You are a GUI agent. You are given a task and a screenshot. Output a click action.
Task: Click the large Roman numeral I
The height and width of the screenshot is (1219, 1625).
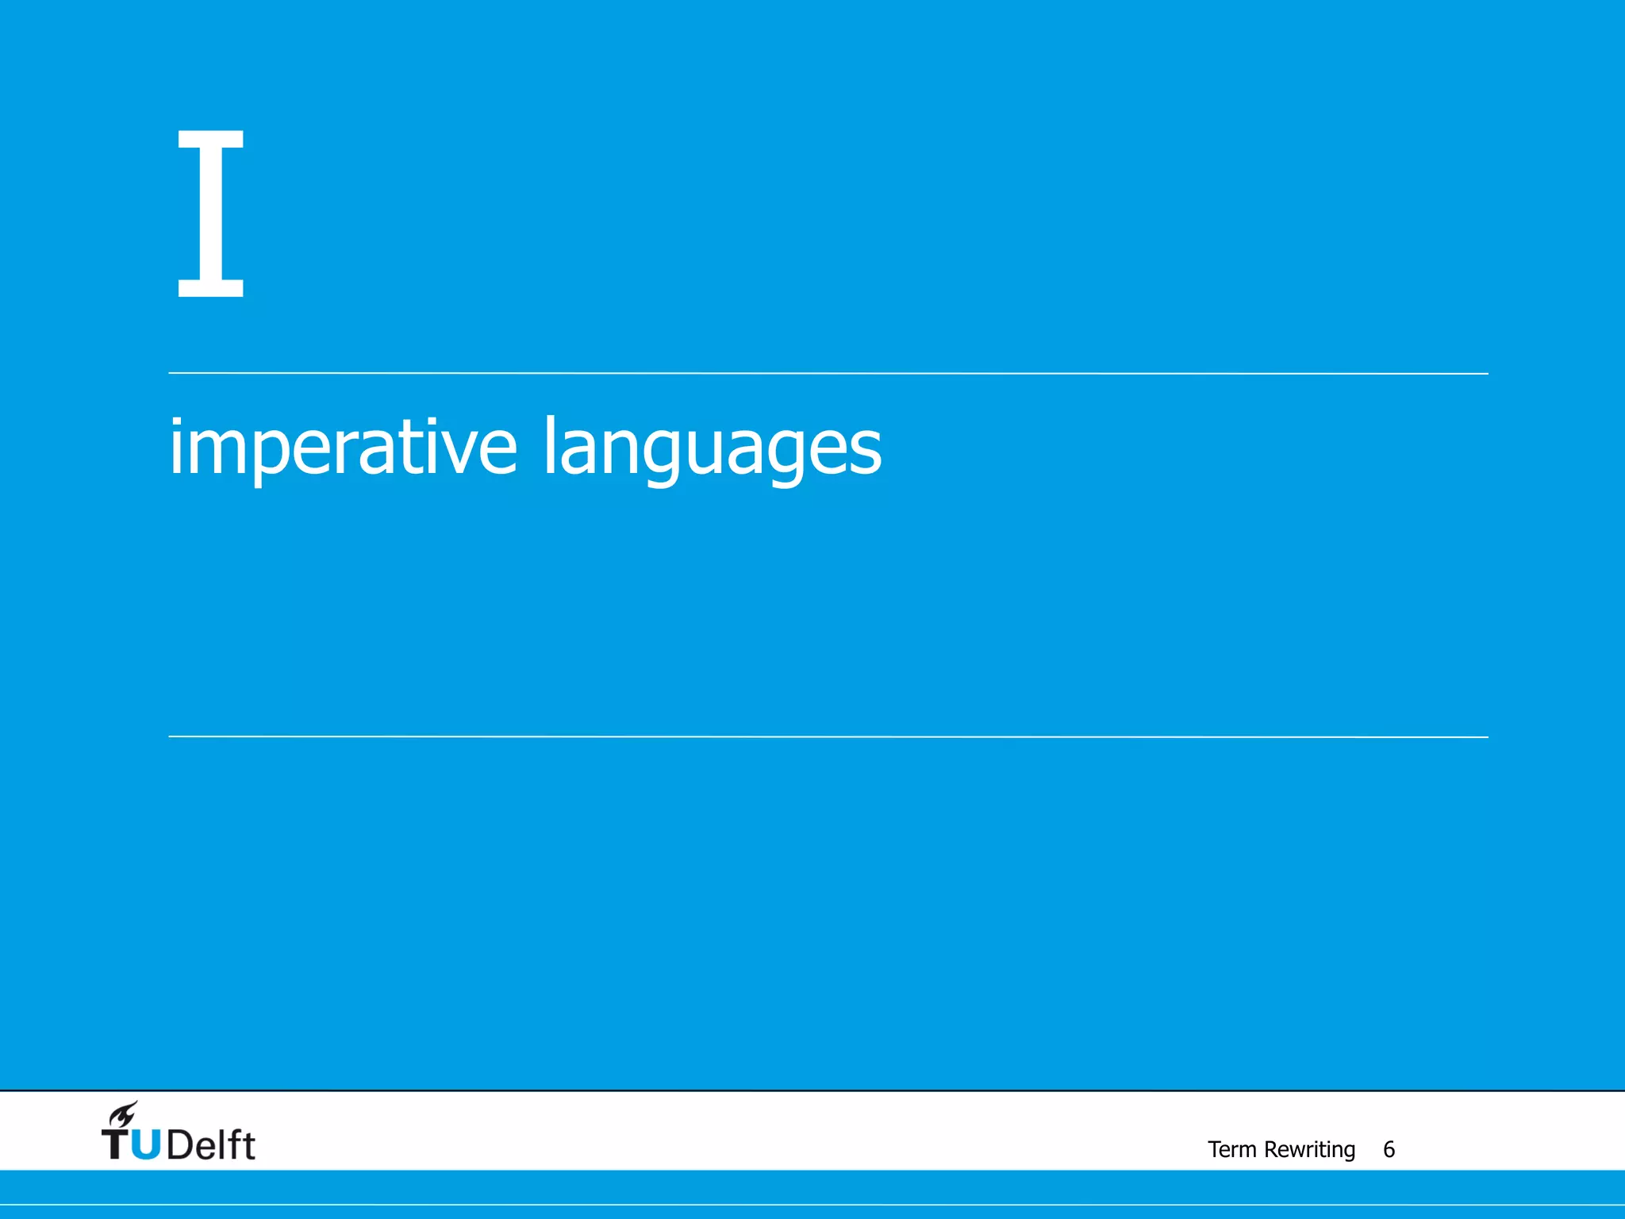pyautogui.click(x=210, y=213)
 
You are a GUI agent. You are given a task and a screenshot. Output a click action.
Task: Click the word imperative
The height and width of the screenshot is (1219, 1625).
pyautogui.click(x=343, y=447)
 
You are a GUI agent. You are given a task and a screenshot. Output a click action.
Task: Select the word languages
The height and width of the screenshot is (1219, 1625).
pyautogui.click(x=712, y=448)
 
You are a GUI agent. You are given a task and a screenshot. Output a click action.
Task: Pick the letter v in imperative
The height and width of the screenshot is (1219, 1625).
pyautogui.click(x=458, y=449)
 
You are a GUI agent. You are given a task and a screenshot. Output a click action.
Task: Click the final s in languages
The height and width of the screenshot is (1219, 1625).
pyautogui.click(x=865, y=450)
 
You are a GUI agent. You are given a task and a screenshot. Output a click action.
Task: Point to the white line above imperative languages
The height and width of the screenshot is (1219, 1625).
pyautogui.click(x=828, y=373)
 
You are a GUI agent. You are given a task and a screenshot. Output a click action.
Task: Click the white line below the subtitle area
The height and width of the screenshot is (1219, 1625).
pyautogui.click(x=828, y=736)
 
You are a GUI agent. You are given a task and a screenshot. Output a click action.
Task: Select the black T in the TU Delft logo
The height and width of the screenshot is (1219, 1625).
pyautogui.click(x=116, y=1144)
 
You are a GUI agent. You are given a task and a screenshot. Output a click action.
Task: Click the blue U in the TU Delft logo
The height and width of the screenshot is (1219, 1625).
pyautogui.click(x=146, y=1144)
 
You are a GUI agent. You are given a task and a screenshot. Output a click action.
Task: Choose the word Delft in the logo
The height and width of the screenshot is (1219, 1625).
pyautogui.click(x=211, y=1144)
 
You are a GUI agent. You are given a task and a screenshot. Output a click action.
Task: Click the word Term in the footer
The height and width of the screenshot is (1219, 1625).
pyautogui.click(x=1231, y=1149)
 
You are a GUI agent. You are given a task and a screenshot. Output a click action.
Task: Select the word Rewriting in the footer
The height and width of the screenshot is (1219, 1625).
pyautogui.click(x=1309, y=1149)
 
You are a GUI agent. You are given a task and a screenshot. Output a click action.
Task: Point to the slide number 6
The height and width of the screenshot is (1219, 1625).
pyautogui.click(x=1389, y=1149)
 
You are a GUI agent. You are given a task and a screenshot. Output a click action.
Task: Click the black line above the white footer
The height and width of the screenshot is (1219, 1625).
pyautogui.click(x=812, y=1090)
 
